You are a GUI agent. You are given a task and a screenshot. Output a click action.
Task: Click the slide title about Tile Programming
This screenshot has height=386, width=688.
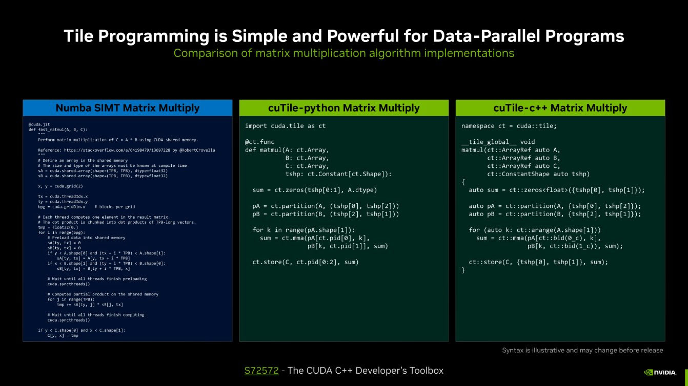pyautogui.click(x=343, y=36)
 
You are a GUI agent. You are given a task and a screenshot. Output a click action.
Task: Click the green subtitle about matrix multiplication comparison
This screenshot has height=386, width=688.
pyautogui.click(x=343, y=53)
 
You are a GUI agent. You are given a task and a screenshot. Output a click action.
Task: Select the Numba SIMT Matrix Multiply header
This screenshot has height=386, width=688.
pyautogui.click(x=127, y=108)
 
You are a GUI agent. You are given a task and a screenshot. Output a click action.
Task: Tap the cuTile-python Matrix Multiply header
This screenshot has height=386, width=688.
pyautogui.click(x=343, y=108)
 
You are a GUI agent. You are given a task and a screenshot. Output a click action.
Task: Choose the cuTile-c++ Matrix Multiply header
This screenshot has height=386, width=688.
pyautogui.click(x=560, y=108)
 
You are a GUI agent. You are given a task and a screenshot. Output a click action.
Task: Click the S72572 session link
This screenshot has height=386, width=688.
pyautogui.click(x=261, y=371)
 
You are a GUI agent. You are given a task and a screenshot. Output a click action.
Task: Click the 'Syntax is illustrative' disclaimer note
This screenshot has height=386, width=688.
pyautogui.click(x=582, y=351)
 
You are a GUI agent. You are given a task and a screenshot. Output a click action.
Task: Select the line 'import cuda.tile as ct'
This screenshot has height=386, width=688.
pyautogui.click(x=285, y=126)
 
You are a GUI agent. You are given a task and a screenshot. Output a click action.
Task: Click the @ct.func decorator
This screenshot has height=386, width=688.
pyautogui.click(x=260, y=142)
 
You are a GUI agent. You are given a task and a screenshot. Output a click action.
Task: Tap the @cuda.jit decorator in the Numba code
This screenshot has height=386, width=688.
pyautogui.click(x=39, y=124)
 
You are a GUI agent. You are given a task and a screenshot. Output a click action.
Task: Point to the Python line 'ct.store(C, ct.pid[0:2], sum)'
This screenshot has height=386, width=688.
pyautogui.click(x=306, y=262)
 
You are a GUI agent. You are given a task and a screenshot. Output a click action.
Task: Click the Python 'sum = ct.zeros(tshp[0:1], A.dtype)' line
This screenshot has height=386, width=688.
pyautogui.click(x=315, y=190)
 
